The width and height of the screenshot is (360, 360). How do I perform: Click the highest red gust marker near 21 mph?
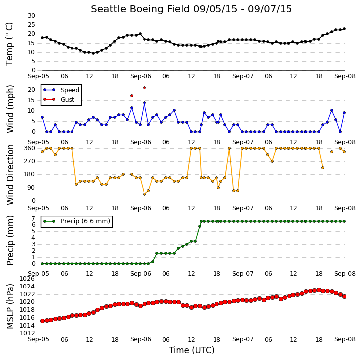[144, 88]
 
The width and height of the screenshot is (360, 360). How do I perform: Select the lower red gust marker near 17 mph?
[132, 96]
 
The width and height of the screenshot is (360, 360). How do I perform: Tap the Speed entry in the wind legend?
[70, 90]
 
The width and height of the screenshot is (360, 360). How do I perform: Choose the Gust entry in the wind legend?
[68, 100]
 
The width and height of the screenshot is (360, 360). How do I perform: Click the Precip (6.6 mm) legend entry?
[85, 221]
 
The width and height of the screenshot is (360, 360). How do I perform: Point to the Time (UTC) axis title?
[192, 350]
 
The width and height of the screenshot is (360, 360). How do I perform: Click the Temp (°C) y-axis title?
[9, 44]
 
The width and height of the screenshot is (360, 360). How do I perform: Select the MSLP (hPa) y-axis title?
[10, 306]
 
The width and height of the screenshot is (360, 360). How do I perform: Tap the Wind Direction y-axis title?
[10, 174]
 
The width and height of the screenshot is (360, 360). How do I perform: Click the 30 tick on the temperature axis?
[31, 16]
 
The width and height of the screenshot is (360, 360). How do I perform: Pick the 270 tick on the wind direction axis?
[30, 161]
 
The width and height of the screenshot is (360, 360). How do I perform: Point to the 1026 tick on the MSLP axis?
[27, 279]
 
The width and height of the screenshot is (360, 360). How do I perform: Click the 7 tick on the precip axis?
[34, 218]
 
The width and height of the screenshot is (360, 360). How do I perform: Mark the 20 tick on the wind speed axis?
[31, 90]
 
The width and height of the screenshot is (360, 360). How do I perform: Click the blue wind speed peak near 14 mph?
[144, 103]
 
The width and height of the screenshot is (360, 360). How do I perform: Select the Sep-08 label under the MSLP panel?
[345, 339]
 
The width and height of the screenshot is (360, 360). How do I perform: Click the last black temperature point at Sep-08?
[344, 29]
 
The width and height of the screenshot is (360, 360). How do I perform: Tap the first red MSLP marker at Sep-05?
[42, 321]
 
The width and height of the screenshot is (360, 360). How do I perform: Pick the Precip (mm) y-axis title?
[10, 240]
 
